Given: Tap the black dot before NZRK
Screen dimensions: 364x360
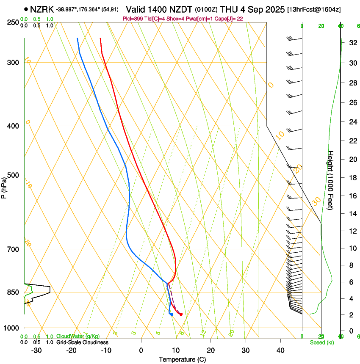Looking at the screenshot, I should tap(26, 9).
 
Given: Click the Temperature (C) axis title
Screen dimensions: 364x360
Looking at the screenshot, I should tap(182, 359).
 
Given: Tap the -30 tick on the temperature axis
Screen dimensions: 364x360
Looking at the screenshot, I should tap(36, 350).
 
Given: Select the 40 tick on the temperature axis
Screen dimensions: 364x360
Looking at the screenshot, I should tap(280, 350).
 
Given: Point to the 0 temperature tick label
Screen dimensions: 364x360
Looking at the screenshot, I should tap(141, 350).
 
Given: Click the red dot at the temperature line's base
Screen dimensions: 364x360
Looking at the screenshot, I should tap(181, 314).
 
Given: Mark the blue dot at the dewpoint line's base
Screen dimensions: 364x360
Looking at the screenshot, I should tap(171, 314).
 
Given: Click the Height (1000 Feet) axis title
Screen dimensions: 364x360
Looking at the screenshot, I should tap(331, 180).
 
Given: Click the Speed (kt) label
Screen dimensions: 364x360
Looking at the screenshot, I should tap(322, 342).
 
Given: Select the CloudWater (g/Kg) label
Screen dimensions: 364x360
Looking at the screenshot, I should tap(78, 336).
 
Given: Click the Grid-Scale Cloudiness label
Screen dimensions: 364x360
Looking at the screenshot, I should tap(82, 342).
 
